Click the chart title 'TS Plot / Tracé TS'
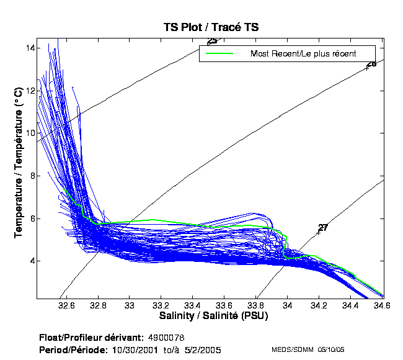tap(206, 27)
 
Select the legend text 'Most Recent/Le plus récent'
tap(303, 53)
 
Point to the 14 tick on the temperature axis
tap(31, 48)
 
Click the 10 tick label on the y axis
tap(31, 133)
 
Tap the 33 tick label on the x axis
tap(130, 306)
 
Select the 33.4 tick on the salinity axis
tap(193, 306)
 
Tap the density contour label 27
tap(322, 228)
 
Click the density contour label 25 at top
tap(212, 41)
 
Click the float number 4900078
tap(167, 338)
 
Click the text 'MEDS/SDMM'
tap(290, 350)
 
